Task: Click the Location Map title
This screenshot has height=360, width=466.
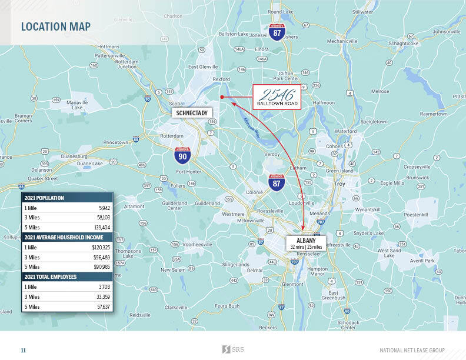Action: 55,26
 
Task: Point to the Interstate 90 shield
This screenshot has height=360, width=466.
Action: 183,155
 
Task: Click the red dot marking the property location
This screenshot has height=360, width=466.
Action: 222,97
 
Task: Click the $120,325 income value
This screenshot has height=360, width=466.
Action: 101,248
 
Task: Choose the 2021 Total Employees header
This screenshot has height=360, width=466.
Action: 50,276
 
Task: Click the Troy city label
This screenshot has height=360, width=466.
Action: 339,185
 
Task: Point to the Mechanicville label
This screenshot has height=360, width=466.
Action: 342,41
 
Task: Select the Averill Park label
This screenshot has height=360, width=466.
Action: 422,260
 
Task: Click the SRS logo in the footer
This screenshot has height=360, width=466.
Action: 232,349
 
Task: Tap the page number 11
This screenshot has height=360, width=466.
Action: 24,350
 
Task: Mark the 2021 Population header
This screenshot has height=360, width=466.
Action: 44,198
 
